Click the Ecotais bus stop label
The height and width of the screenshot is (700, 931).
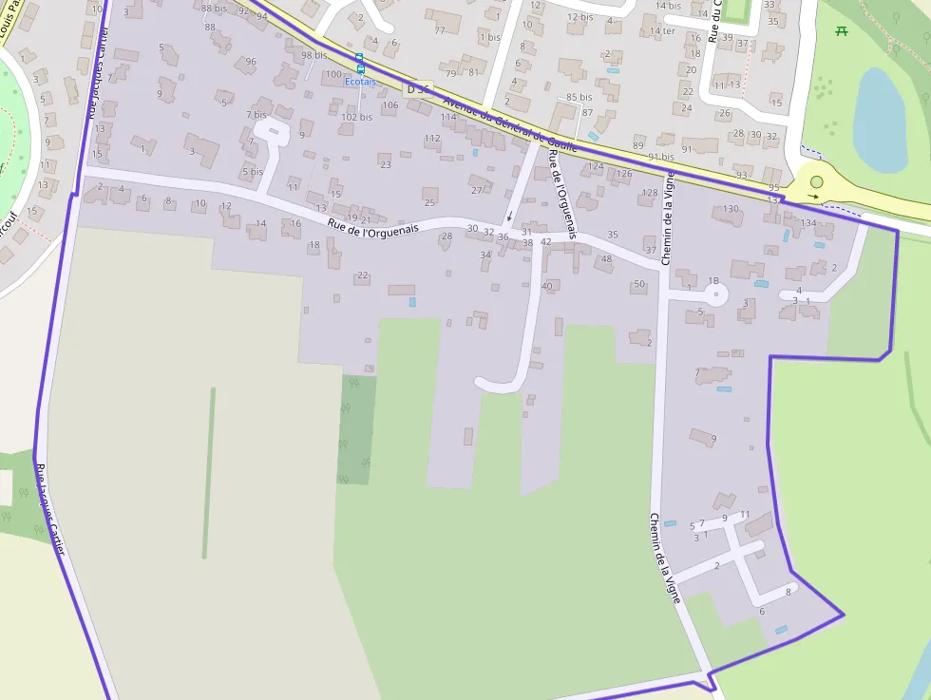(359, 82)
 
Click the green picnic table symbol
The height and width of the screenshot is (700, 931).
(842, 31)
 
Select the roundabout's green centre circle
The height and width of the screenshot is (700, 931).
(816, 181)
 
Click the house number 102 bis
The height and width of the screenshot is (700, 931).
(357, 117)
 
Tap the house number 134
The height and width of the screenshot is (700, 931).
(808, 223)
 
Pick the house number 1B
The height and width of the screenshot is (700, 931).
(713, 280)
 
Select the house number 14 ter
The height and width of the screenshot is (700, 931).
(662, 31)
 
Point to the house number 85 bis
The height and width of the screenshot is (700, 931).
(579, 97)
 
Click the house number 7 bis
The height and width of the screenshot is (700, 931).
(256, 115)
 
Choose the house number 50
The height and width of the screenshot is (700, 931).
(639, 284)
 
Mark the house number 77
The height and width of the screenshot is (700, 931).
(440, 30)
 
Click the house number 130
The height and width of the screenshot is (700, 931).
(730, 209)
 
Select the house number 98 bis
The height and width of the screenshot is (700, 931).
(314, 55)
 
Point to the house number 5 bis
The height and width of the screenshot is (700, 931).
(252, 172)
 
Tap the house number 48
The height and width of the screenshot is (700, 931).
(606, 259)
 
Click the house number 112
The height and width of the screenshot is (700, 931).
(432, 139)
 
